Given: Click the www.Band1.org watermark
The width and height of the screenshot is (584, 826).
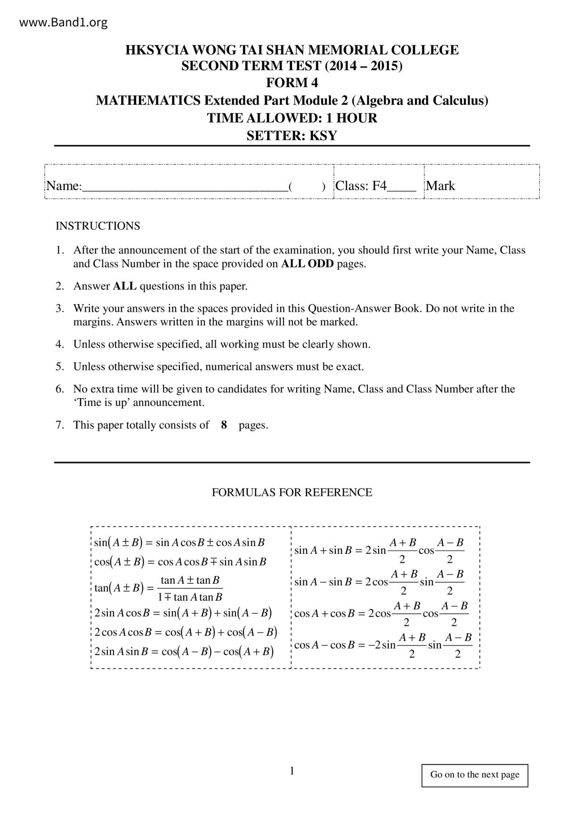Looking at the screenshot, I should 64,22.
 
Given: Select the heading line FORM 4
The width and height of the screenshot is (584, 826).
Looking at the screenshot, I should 292,83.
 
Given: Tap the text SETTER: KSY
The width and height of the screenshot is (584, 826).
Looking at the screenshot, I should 292,136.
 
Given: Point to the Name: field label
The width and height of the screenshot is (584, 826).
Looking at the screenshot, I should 64,186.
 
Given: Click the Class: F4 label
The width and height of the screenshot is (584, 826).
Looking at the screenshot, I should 361,186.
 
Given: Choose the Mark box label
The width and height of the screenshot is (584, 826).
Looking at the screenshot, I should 440,186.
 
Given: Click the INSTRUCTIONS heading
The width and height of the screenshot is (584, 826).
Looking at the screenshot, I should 98,226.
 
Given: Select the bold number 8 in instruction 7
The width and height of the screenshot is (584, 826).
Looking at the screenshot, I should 224,425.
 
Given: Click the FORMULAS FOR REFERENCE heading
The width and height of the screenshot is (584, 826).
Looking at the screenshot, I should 292,493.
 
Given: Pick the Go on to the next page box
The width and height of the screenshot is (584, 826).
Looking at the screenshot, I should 475,775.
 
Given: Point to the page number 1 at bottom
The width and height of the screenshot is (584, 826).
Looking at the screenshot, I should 292,770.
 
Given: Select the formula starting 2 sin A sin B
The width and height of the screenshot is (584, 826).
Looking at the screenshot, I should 184,652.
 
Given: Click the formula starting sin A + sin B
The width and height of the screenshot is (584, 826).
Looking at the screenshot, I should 380,550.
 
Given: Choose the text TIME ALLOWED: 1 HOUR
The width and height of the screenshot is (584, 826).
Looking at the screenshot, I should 292,118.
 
